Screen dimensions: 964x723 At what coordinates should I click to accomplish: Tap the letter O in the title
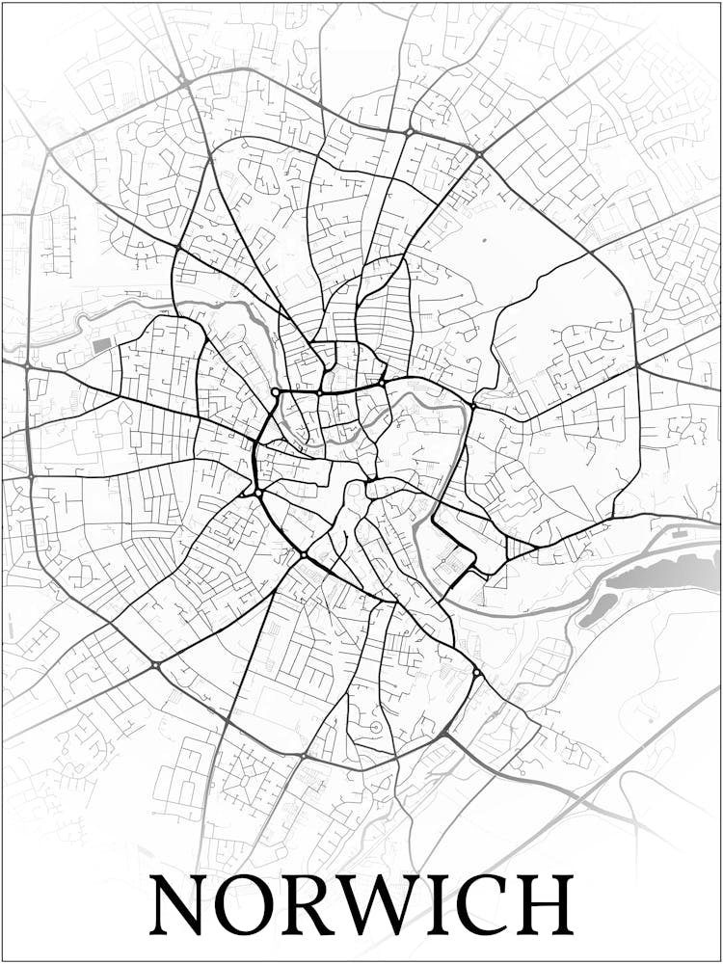pyautogui.click(x=254, y=905)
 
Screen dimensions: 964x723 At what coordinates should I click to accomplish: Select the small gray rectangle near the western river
pyautogui.click(x=102, y=344)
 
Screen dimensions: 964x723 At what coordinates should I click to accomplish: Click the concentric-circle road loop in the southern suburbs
pyautogui.click(x=376, y=727)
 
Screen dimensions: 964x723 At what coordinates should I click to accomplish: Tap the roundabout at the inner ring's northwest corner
pyautogui.click(x=276, y=392)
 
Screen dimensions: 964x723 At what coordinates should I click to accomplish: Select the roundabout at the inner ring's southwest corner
pyautogui.click(x=258, y=493)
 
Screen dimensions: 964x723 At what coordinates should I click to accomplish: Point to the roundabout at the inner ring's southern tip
pyautogui.click(x=303, y=555)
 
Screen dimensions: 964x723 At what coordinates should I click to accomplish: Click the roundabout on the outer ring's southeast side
pyautogui.click(x=475, y=673)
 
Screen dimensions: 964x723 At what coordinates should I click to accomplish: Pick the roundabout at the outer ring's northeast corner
pyautogui.click(x=479, y=154)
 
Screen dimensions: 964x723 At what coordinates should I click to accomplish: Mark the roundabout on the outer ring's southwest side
pyautogui.click(x=155, y=664)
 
